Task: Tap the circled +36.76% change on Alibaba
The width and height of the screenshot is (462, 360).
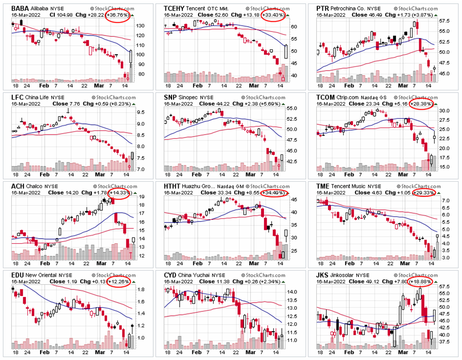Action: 117,15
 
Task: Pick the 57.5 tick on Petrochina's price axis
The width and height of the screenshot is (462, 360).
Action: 445,21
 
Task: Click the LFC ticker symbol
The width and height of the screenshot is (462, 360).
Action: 18,96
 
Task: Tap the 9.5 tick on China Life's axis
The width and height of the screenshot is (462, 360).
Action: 140,113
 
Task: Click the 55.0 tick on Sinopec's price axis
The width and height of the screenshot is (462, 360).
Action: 291,109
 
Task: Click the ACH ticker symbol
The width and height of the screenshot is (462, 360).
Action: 19,186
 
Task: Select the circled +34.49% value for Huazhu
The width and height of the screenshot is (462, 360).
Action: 274,193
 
